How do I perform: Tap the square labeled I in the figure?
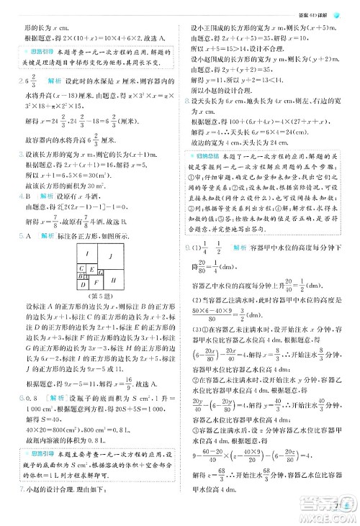click(86, 253)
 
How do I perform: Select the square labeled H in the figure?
click(113, 281)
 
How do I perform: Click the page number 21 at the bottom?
click(338, 512)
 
